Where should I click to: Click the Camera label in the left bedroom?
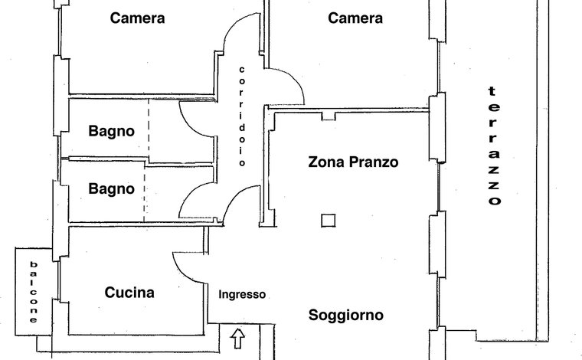[x=137, y=18]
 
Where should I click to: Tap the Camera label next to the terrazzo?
[x=355, y=18]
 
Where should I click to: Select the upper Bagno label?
[x=111, y=131]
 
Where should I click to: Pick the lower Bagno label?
[x=111, y=189]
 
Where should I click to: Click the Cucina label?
[x=129, y=293]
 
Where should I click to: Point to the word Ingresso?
[x=242, y=295]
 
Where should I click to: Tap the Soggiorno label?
[x=346, y=315]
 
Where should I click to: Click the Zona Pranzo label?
[x=353, y=162]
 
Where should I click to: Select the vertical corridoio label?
[x=242, y=116]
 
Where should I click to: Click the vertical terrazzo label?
[x=494, y=146]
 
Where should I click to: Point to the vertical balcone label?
[x=34, y=292]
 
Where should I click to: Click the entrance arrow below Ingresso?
[x=237, y=339]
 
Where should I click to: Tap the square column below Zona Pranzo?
[x=329, y=221]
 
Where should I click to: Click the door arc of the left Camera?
[x=232, y=26]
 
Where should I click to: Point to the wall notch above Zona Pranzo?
[x=329, y=116]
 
